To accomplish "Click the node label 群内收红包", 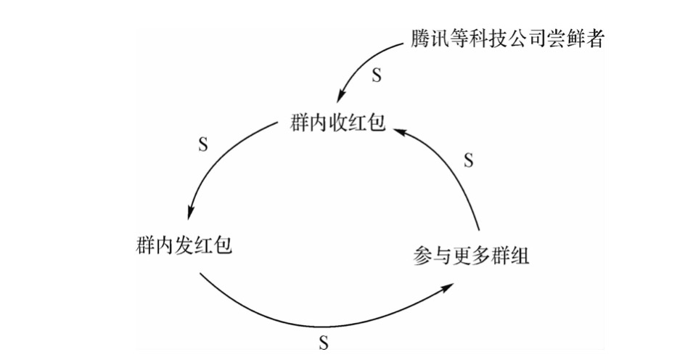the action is click(337, 122).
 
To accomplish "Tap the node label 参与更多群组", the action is click(471, 255).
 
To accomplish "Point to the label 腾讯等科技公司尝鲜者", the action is click(507, 38).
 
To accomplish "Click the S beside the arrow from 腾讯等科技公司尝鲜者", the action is click(377, 75).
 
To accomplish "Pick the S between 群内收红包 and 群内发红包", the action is click(203, 144).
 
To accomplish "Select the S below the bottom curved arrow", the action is click(324, 343).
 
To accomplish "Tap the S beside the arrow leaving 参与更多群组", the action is click(468, 160).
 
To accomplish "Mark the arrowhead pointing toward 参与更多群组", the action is click(446, 287).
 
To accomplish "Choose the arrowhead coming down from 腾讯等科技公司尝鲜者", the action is click(342, 95).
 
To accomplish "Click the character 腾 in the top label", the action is click(420, 38).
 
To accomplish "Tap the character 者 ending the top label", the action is click(595, 38).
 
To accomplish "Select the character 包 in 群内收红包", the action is click(377, 122).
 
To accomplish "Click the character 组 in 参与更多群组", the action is click(520, 255).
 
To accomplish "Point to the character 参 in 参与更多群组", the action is click(422, 255).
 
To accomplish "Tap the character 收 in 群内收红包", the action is click(337, 122).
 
